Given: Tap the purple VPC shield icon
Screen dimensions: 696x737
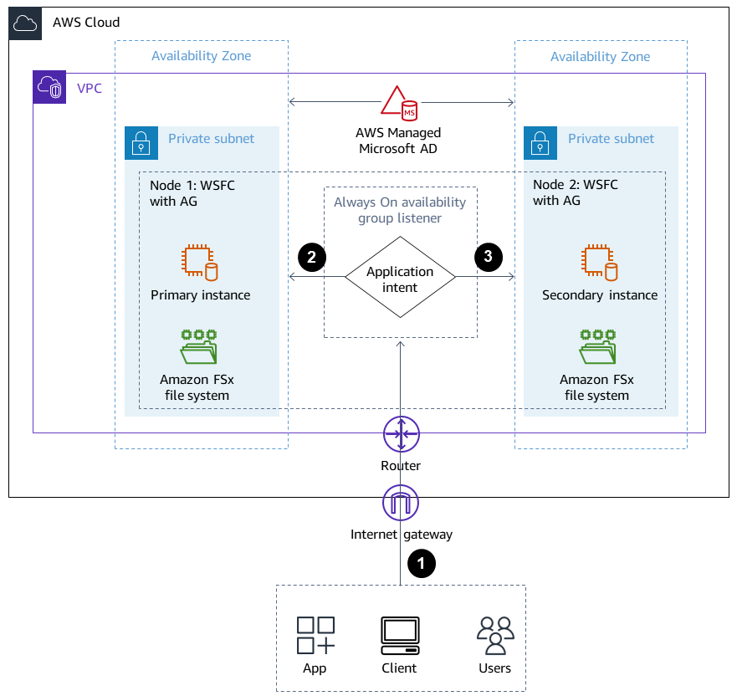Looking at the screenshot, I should coord(49,88).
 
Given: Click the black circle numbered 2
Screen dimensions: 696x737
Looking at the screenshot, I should coord(312,258).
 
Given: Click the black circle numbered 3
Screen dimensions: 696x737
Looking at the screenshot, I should coord(489,258).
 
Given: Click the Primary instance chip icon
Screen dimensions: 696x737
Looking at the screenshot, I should coord(200,263).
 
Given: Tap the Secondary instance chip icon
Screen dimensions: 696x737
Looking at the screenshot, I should coord(599,263).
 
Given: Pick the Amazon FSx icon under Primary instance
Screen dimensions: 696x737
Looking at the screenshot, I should coord(199,346).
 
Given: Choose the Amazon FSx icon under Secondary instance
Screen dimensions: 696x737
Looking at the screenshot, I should coord(598,346).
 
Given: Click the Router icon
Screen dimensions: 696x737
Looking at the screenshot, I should coord(401,434).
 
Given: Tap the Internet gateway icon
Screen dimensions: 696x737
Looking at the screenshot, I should coord(401,503).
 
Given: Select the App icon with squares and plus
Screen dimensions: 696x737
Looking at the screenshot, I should coord(315,635).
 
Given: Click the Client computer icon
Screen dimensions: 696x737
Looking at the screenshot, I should coord(400,636).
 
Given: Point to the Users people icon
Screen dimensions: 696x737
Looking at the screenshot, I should coord(494,636).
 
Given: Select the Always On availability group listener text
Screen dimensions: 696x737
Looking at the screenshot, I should coord(400,210).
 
